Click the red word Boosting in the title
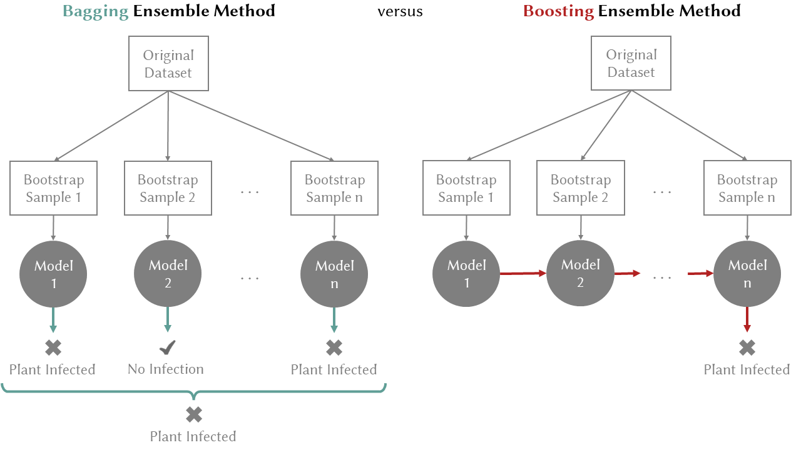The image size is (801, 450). pos(558,11)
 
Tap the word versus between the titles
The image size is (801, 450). pos(400,12)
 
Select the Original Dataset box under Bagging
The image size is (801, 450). pos(168,64)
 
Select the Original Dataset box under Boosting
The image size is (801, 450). pos(631,64)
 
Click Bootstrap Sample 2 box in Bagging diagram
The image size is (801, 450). pos(168,188)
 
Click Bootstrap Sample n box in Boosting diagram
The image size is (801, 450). pos(747,188)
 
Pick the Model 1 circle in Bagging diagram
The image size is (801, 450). pos(53,274)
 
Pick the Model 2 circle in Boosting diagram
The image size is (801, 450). pos(580,274)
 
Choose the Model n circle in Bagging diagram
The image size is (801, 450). pos(334,274)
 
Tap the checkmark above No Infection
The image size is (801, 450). pos(167,347)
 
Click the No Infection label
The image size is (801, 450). pos(166,369)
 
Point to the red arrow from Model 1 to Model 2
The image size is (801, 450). pos(523,273)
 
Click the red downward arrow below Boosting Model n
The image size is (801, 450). pos(747,319)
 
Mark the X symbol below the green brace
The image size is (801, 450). pos(194,414)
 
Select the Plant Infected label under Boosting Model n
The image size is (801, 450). pos(747,370)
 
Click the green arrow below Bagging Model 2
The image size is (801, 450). pos(167,319)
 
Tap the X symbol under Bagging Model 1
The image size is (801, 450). pos(53,347)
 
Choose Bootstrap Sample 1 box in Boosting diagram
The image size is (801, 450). pos(466,188)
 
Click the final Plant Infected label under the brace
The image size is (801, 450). pos(193,436)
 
